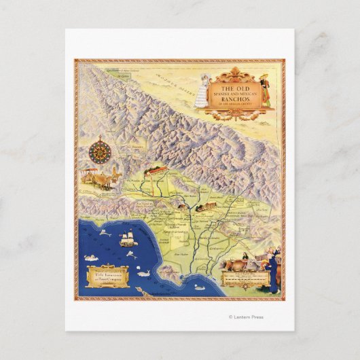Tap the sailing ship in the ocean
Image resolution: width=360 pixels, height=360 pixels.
coord(127,239)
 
